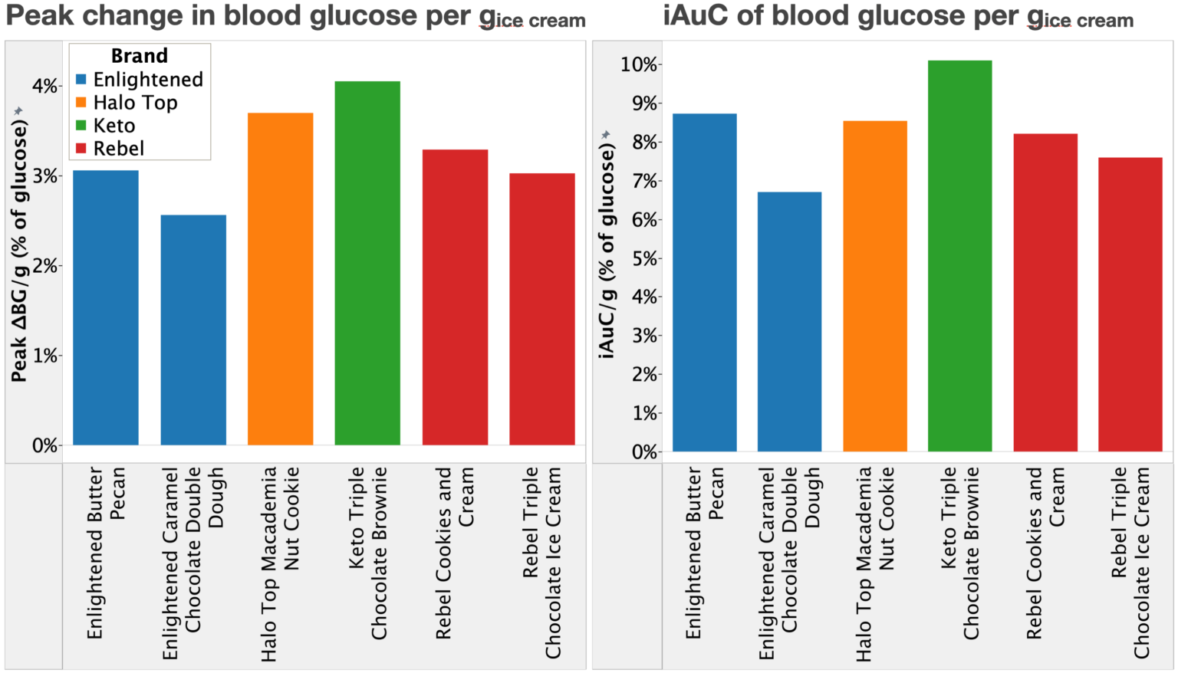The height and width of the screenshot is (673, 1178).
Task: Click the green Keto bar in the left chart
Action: coord(367,263)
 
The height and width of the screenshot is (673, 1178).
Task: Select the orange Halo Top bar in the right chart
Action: coord(875,286)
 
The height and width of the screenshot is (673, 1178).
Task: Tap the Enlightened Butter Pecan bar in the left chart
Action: coord(106,307)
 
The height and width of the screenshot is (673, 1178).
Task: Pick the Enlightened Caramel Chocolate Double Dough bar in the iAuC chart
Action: coord(789,322)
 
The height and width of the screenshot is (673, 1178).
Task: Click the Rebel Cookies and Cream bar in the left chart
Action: coord(455,297)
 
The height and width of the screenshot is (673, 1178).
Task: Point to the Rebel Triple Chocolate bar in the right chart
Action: coord(1130,304)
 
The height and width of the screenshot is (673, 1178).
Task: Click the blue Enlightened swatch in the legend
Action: coord(81,80)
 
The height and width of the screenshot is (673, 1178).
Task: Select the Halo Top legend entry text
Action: coord(135,103)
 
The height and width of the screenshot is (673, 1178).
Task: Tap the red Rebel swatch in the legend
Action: coord(81,148)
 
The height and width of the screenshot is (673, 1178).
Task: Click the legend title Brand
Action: coord(140,56)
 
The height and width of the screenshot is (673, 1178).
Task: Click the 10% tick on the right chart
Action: coord(639,64)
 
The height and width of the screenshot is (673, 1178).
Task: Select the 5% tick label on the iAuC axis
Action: coord(645,258)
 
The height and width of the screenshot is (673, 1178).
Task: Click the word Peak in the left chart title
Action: coord(40,16)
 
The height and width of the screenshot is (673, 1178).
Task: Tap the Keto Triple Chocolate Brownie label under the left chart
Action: coord(367,553)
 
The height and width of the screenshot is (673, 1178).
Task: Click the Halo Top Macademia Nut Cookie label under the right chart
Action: coord(875,564)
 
